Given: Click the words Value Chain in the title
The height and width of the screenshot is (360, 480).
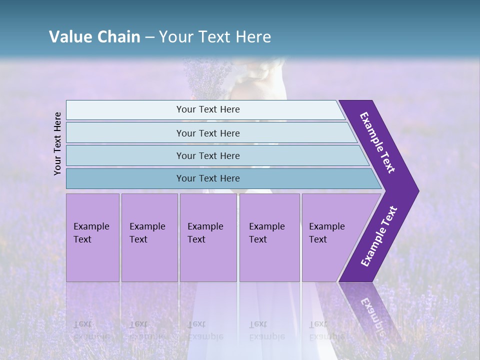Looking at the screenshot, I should [x=94, y=37].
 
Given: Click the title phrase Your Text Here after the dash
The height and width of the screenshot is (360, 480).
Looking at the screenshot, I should [x=215, y=37].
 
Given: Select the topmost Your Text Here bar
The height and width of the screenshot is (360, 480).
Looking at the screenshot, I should [x=207, y=109].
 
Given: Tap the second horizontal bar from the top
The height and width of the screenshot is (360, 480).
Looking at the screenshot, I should [x=207, y=133].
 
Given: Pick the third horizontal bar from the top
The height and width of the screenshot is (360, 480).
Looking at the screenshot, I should [x=207, y=155].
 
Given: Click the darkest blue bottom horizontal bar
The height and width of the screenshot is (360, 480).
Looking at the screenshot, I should [x=207, y=178].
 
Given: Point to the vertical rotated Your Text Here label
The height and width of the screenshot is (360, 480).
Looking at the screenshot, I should [x=57, y=143].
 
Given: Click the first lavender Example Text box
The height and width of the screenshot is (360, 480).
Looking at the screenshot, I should [x=92, y=237].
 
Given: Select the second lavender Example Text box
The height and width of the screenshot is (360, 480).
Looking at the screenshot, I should [x=149, y=237].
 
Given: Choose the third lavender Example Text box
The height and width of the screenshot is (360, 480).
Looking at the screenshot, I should [x=208, y=237].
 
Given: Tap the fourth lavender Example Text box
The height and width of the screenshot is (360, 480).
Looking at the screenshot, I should [x=269, y=237].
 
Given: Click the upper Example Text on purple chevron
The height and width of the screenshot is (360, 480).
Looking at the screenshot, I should [x=377, y=142].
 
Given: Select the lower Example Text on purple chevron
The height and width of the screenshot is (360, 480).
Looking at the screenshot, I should [x=378, y=236].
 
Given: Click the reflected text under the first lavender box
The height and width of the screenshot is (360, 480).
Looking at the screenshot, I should [x=91, y=330].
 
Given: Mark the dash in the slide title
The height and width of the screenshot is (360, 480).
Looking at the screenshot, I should [x=149, y=37].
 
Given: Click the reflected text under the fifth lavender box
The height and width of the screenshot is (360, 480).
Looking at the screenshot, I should [x=326, y=330].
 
